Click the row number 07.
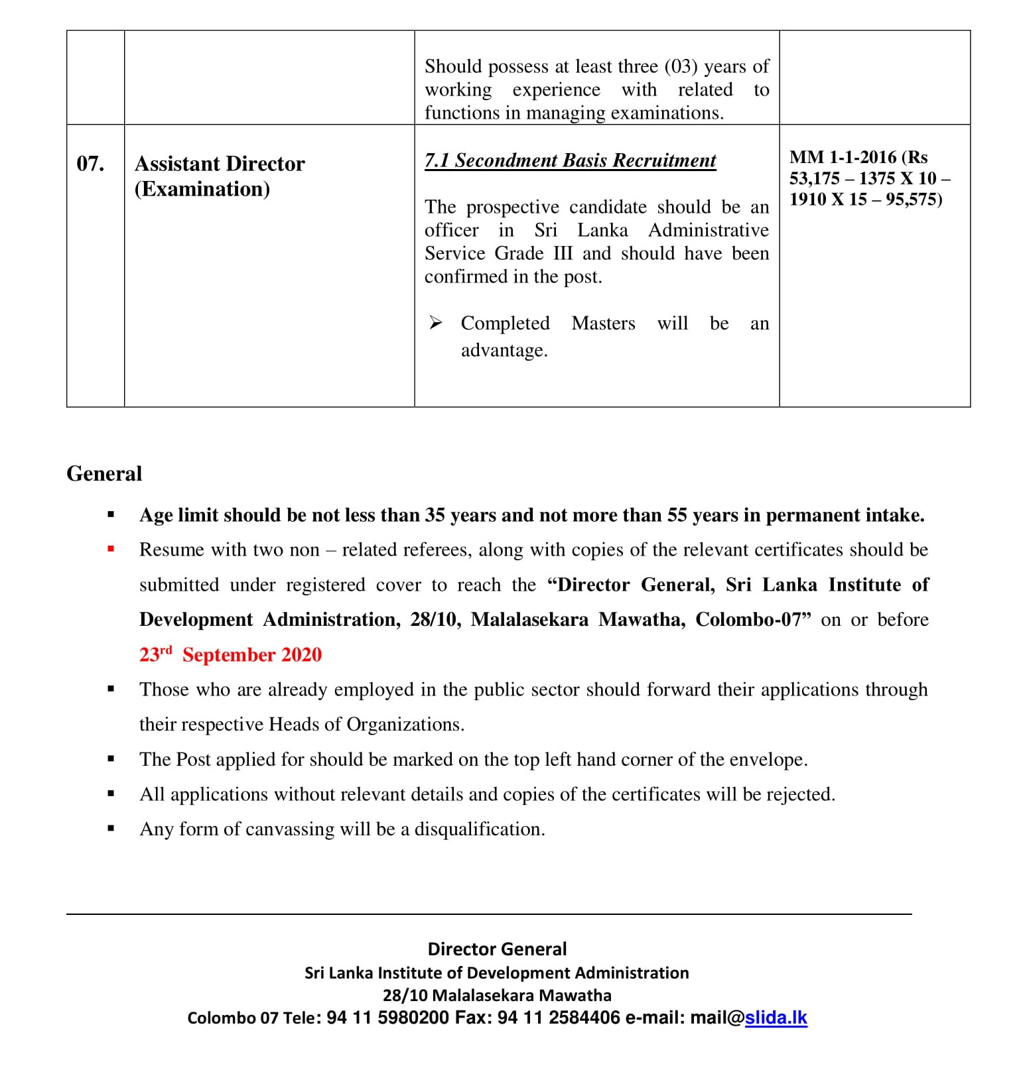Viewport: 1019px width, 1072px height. click(90, 164)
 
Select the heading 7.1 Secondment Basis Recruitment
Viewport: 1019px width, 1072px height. click(570, 160)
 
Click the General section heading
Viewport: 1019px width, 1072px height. click(104, 474)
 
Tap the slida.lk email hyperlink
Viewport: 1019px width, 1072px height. click(776, 1018)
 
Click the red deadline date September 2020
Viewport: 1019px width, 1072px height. click(251, 655)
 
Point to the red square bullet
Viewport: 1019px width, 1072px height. click(111, 549)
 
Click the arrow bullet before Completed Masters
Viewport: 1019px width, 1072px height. click(435, 323)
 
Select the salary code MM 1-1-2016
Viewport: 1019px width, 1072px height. click(843, 157)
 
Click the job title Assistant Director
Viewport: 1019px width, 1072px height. click(220, 164)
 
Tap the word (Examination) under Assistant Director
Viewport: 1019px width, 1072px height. click(202, 189)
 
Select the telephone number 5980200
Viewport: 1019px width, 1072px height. click(413, 1018)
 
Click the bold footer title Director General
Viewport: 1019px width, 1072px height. click(497, 949)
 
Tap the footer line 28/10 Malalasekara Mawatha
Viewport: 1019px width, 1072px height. click(497, 995)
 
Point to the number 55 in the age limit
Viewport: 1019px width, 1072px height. click(677, 515)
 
